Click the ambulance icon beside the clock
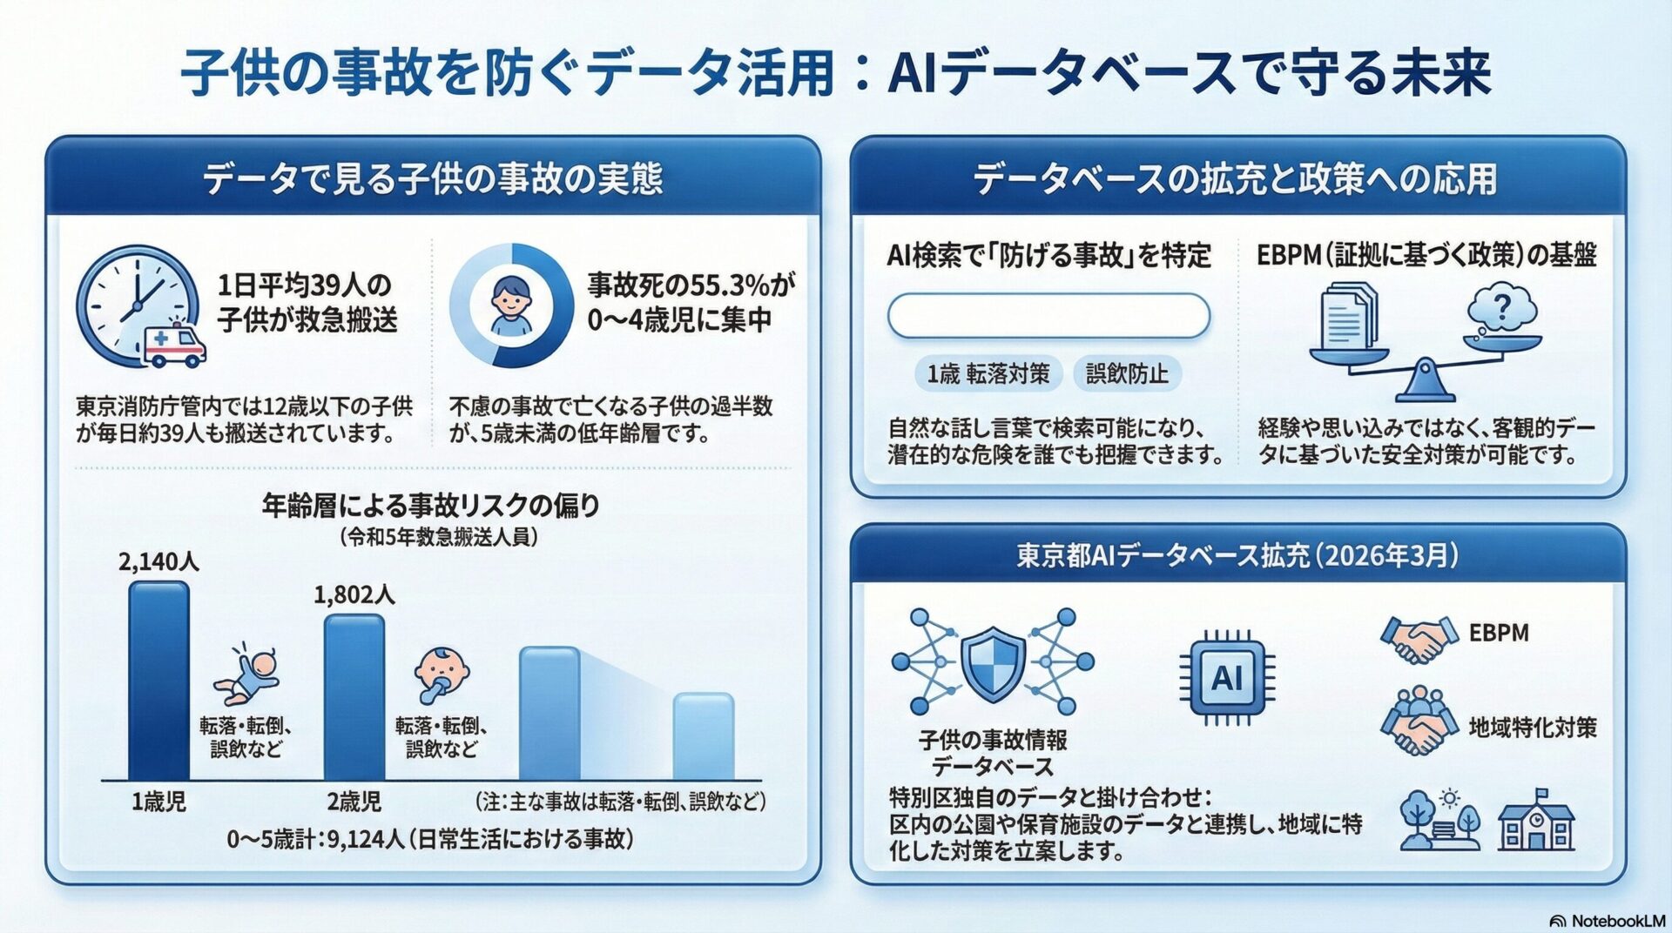coord(175,345)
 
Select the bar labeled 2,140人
coord(158,681)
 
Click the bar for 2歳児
coord(354,697)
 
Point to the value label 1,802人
coord(354,595)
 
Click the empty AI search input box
coord(1048,315)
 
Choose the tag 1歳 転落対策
coord(988,374)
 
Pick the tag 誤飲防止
coord(1127,374)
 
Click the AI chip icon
coord(1227,677)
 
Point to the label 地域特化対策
coord(1533,728)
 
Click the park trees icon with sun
coord(1440,820)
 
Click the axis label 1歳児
coord(158,802)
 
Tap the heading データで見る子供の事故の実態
coord(433,178)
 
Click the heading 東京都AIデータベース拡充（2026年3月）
coord(1237,555)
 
